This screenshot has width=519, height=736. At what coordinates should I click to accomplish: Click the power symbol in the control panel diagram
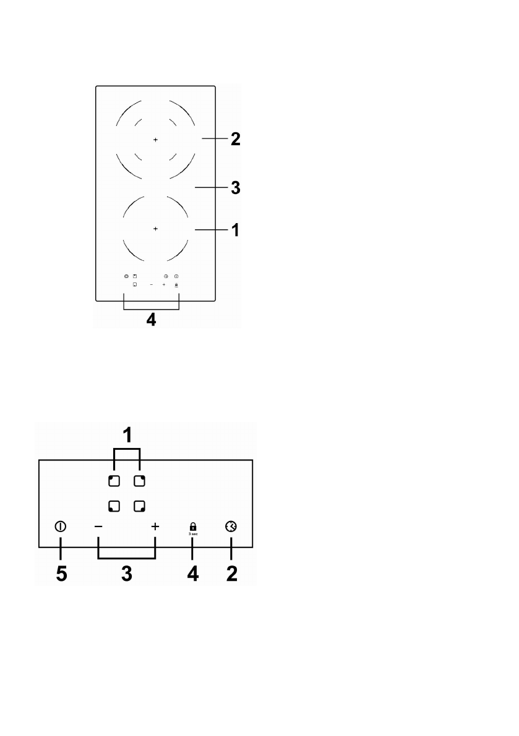click(61, 527)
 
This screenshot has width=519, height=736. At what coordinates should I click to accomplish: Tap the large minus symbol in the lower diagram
click(98, 527)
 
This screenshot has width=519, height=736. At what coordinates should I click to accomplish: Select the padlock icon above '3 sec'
click(192, 525)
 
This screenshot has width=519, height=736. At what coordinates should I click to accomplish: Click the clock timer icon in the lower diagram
click(231, 527)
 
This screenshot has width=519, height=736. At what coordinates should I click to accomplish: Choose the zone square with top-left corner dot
click(113, 480)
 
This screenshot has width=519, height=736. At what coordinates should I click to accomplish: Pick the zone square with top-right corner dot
click(140, 480)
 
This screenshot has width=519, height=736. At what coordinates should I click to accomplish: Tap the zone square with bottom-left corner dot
click(113, 506)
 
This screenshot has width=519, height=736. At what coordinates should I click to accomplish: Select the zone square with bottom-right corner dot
click(140, 506)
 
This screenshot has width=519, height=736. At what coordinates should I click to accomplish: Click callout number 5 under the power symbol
click(61, 573)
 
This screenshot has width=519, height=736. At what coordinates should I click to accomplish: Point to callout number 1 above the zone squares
click(127, 436)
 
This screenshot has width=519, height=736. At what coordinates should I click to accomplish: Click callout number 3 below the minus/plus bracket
click(126, 573)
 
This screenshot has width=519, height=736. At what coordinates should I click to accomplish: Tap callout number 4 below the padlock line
click(192, 573)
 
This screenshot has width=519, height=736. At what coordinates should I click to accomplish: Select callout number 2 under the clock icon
click(231, 573)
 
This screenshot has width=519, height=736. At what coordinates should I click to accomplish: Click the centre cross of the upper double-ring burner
click(155, 140)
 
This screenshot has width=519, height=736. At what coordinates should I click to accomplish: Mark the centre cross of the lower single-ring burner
click(155, 229)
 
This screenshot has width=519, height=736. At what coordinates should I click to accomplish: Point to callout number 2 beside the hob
click(235, 139)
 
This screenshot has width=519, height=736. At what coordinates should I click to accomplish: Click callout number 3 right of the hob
click(235, 187)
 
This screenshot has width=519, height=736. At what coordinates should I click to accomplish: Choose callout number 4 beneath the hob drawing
click(152, 321)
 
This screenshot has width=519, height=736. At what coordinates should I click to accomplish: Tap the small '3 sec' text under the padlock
click(192, 533)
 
